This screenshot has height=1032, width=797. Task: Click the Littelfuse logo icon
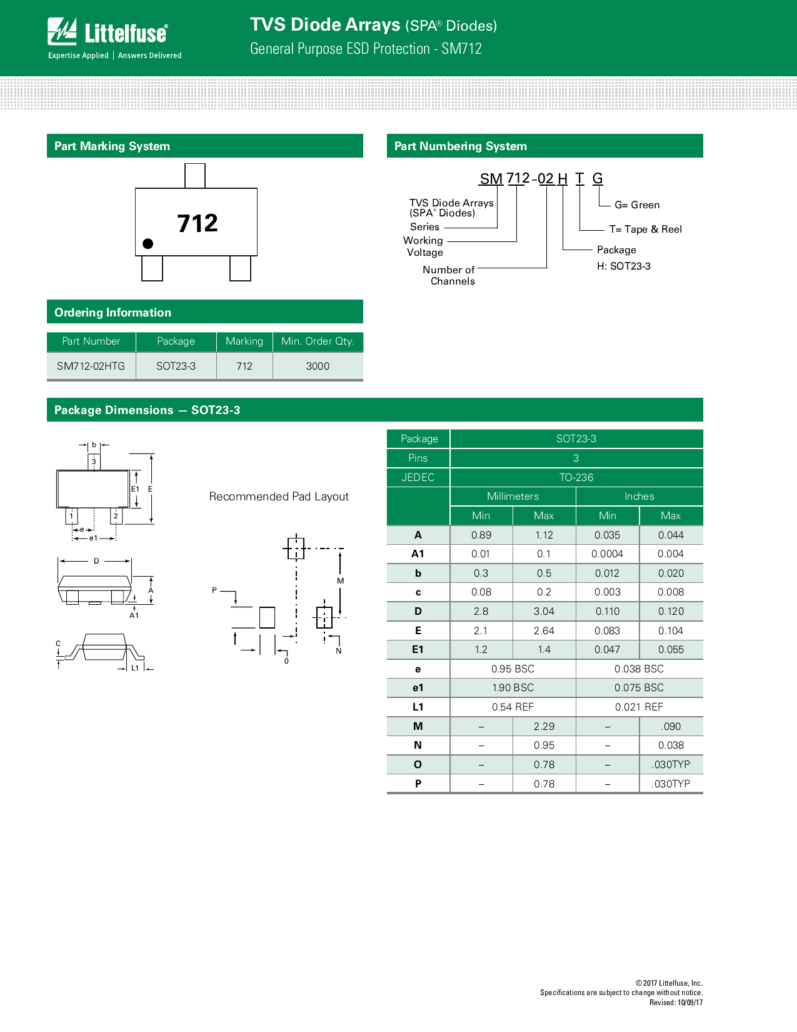coord(62,31)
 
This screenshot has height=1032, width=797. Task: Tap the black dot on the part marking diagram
coord(148,244)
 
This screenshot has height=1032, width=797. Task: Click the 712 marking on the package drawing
coord(198,223)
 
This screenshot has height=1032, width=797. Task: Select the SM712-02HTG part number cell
coord(91,367)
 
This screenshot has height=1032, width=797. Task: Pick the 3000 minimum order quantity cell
coord(318,367)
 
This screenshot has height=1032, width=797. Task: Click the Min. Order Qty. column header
coord(318,341)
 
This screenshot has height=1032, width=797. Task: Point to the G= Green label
coord(637,205)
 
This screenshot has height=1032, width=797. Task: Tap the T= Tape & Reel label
coord(645,230)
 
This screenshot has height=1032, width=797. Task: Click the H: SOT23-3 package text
coord(623,266)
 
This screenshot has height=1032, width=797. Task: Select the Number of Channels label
coord(449,276)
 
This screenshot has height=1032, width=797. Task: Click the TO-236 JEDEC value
coord(576,478)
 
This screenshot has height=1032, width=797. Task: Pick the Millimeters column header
coord(513,497)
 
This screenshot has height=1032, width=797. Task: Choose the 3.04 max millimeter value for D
coord(544,612)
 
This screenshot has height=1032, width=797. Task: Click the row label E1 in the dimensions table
coord(418,650)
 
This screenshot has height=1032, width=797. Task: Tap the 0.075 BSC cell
coord(639,688)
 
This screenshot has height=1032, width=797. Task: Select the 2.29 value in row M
coord(544,727)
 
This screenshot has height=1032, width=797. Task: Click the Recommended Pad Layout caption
coord(279,497)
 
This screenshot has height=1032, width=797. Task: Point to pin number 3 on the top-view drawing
coord(94,462)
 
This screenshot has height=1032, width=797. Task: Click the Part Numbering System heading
coord(461,146)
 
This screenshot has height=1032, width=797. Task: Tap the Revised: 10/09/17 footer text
coord(676,1003)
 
